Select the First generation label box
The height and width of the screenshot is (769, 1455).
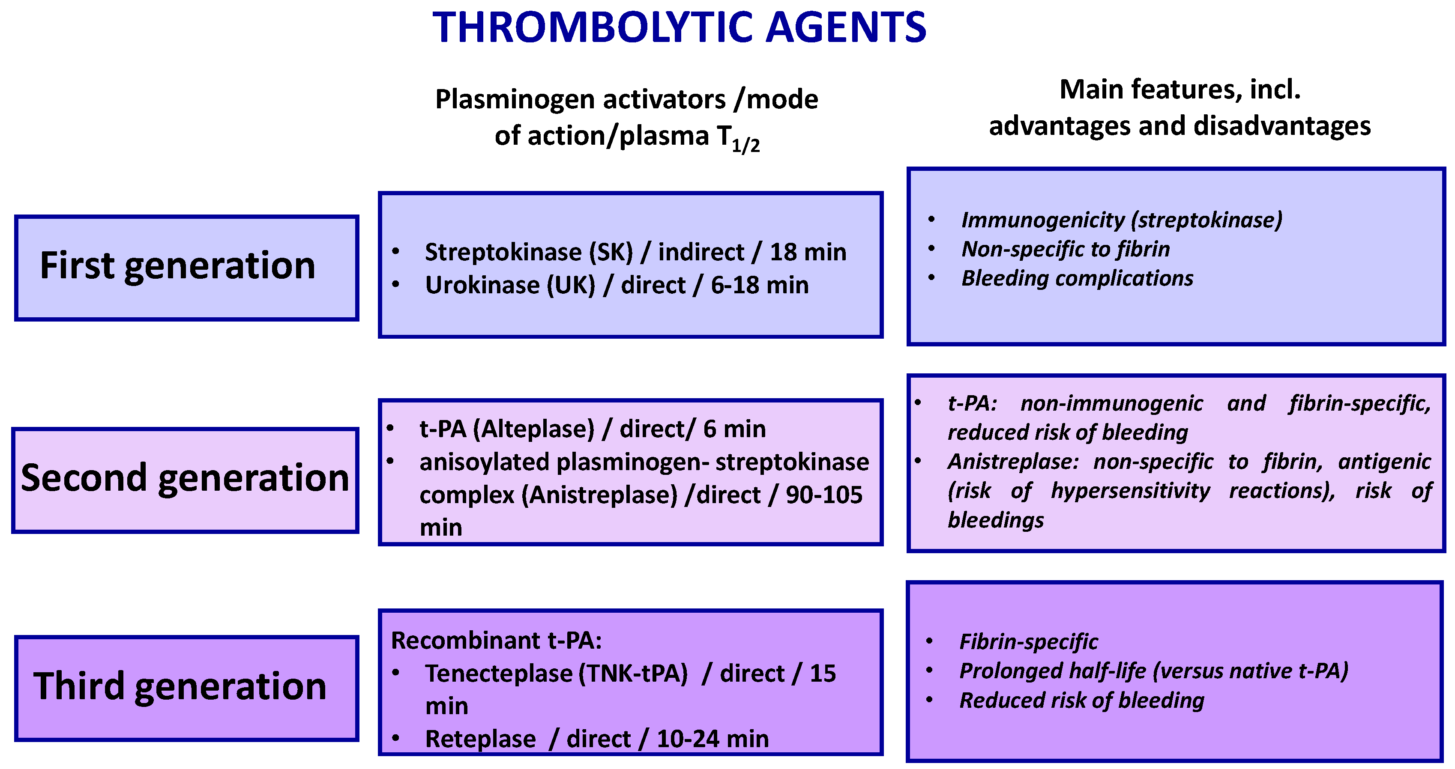click(186, 268)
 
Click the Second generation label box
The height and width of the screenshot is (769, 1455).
click(185, 480)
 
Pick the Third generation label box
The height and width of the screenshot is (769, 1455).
click(186, 688)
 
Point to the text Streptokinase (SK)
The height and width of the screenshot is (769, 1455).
click(529, 252)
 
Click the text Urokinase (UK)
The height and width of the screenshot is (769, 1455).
click(510, 285)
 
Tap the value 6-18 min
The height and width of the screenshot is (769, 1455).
click(759, 285)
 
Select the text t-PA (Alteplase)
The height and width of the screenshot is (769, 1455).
click(507, 429)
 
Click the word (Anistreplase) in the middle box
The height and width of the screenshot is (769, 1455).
click(599, 495)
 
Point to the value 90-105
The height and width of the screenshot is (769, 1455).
click(824, 495)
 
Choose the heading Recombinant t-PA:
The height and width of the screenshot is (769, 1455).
click(496, 640)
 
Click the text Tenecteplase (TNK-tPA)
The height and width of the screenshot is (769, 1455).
click(557, 673)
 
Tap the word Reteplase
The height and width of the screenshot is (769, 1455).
click(480, 739)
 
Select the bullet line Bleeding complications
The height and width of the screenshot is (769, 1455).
click(1077, 278)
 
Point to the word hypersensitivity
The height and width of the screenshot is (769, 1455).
click(1130, 491)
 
